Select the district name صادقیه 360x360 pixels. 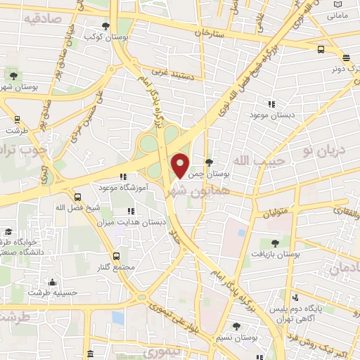(x=39, y=18)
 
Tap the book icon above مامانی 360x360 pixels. (x=338, y=4)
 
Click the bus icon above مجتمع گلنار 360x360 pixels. (x=116, y=257)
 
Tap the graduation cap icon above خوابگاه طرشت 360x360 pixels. (x=8, y=231)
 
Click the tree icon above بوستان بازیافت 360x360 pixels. (x=275, y=243)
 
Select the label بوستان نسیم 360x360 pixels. (x=236, y=337)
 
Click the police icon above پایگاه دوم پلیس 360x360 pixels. (x=295, y=297)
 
